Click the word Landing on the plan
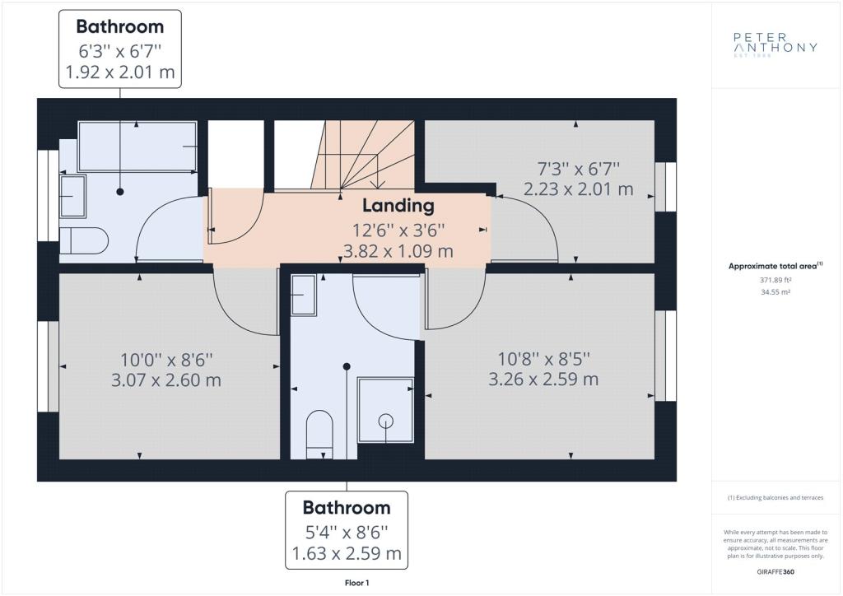pyautogui.click(x=398, y=205)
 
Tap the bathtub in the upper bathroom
pyautogui.click(x=137, y=147)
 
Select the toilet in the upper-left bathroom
pyautogui.click(x=83, y=240)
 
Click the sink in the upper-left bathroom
pyautogui.click(x=72, y=196)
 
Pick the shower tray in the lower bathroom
pyautogui.click(x=385, y=410)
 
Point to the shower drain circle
pyautogui.click(x=385, y=421)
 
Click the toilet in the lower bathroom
pyautogui.click(x=319, y=434)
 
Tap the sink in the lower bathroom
pyautogui.click(x=303, y=295)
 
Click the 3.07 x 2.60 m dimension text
pyautogui.click(x=166, y=380)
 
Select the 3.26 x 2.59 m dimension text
pyautogui.click(x=543, y=379)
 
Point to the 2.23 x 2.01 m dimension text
pyautogui.click(x=579, y=189)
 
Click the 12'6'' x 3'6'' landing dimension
pyautogui.click(x=398, y=230)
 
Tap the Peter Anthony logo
pyautogui.click(x=775, y=44)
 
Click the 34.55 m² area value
pyautogui.click(x=775, y=292)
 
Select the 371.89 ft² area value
pyautogui.click(x=775, y=280)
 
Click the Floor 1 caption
pyautogui.click(x=357, y=583)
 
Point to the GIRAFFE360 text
pyautogui.click(x=775, y=572)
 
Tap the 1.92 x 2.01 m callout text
pyautogui.click(x=120, y=72)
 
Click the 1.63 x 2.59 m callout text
pyautogui.click(x=347, y=553)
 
